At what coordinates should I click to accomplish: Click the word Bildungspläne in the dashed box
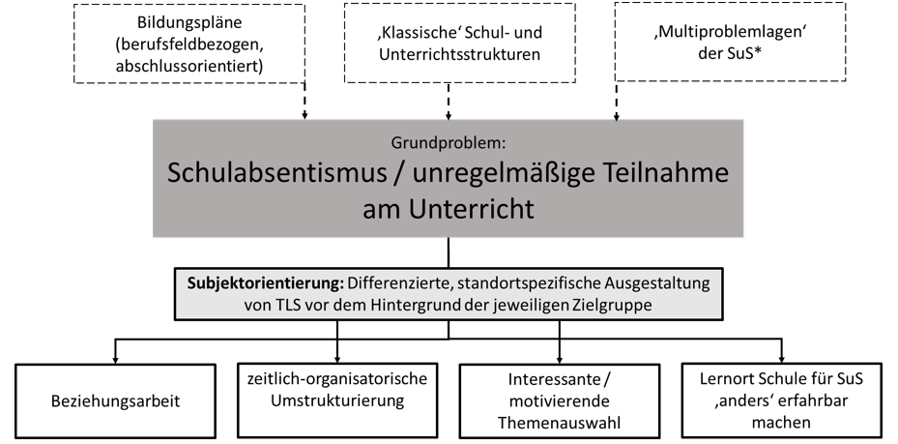(189, 23)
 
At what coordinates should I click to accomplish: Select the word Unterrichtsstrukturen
(459, 54)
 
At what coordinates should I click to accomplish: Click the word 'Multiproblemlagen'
(730, 32)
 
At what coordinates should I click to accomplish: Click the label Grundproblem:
(449, 142)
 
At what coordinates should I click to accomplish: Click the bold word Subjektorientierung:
(266, 283)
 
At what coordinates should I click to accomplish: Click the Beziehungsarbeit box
(115, 400)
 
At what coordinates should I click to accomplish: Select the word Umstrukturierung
(337, 400)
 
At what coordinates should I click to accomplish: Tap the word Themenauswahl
(559, 423)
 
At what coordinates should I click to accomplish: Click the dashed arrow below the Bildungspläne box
(304, 101)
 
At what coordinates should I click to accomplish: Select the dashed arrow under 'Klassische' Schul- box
(449, 102)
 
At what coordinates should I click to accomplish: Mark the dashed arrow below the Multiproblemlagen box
(617, 102)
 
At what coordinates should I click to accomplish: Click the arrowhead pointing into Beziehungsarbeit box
(115, 360)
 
